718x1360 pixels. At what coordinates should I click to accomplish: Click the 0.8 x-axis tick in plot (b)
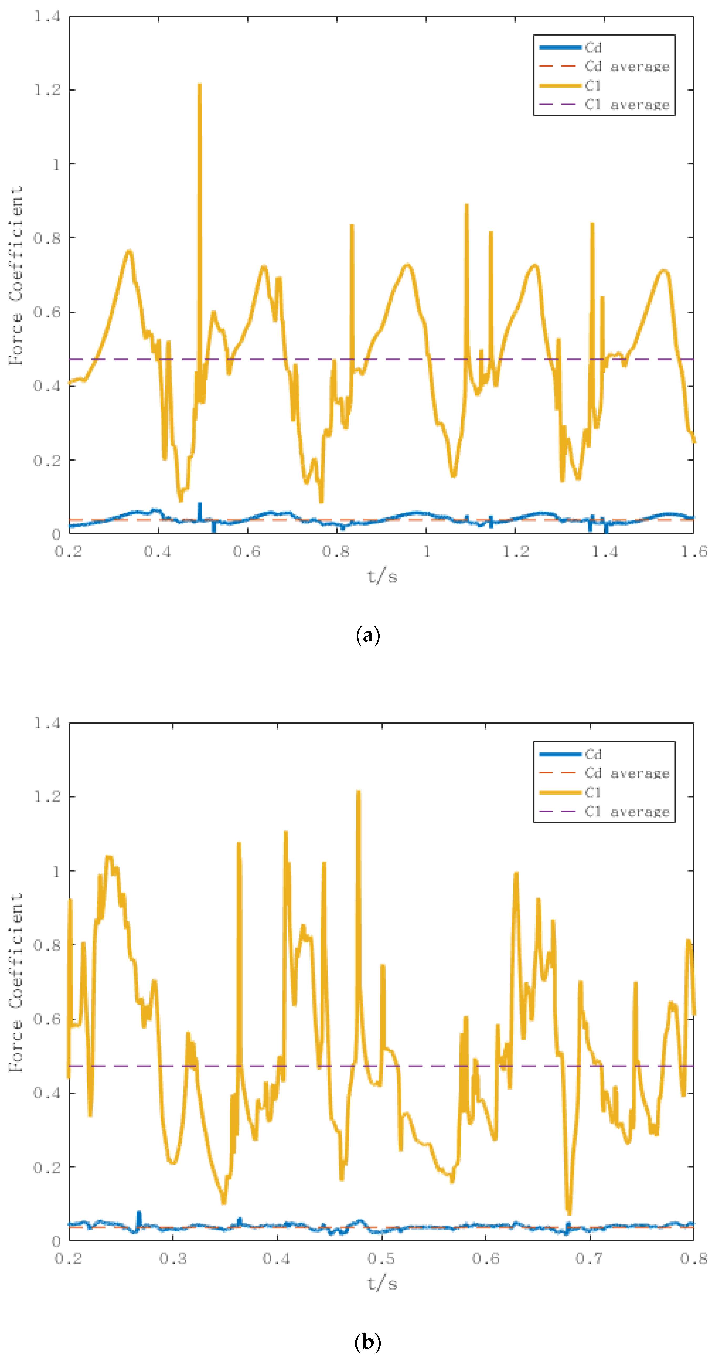click(693, 1259)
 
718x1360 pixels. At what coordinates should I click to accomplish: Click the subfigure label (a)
click(368, 635)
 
